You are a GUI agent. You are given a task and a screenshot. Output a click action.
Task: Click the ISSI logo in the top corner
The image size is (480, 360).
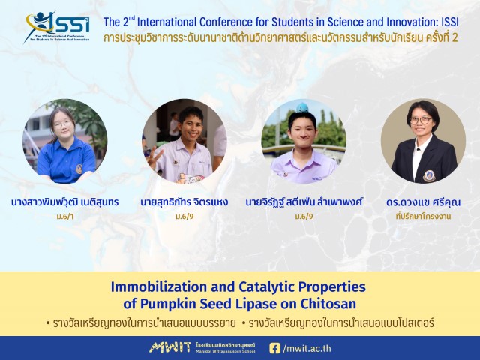57,27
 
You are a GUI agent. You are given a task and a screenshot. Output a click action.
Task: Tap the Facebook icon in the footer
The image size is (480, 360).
274,348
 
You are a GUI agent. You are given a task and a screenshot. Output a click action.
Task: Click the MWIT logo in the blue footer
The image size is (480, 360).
170,347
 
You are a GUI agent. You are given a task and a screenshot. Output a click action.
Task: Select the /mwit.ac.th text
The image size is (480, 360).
307,348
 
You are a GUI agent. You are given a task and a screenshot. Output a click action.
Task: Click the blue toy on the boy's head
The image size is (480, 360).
301,107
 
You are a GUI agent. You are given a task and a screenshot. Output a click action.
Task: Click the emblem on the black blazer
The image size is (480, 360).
429,176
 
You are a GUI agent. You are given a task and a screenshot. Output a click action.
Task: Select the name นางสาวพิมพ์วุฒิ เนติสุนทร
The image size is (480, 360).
65,202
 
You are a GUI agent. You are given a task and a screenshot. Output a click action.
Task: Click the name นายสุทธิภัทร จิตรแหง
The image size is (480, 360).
184,202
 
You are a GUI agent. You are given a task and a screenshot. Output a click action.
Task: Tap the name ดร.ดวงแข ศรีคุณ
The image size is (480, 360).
423,202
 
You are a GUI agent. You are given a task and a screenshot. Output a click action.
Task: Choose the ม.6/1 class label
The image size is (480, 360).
65,217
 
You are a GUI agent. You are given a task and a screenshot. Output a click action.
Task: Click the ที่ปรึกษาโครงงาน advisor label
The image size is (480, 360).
423,217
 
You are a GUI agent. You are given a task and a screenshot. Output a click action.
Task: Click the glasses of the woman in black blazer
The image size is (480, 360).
421,120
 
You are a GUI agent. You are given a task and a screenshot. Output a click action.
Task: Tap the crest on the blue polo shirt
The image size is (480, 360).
79,169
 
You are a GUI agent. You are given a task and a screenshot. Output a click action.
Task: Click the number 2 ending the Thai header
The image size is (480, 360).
454,38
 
